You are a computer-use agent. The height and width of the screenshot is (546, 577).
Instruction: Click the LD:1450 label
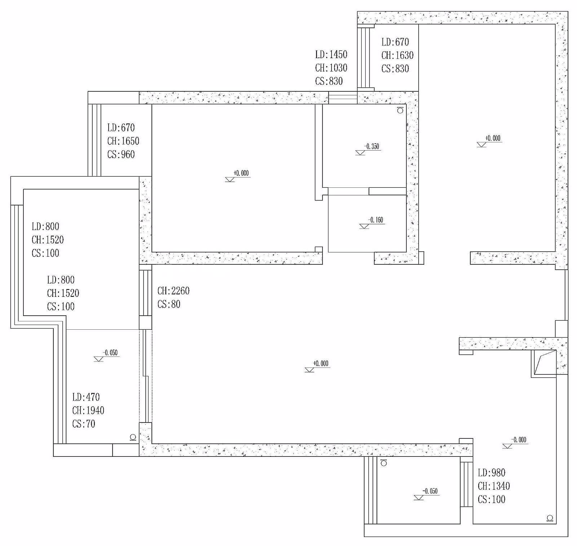point(331,55)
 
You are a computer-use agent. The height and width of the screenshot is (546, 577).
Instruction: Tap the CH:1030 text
point(331,68)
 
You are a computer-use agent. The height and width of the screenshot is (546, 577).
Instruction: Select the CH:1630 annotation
point(397,55)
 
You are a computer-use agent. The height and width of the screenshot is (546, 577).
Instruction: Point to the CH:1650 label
point(123,141)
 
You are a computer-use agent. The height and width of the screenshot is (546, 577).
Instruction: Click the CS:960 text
point(121,155)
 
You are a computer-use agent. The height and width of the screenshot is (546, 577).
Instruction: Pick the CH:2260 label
point(173,291)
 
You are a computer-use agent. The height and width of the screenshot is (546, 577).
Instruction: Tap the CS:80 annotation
point(169,304)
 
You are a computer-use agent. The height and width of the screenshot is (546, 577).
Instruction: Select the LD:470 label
point(86,397)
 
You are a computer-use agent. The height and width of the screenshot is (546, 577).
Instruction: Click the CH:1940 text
point(88,411)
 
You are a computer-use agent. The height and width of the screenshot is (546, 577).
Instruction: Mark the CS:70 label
point(84,424)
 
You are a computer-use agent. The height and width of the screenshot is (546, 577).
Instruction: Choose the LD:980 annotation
point(492,473)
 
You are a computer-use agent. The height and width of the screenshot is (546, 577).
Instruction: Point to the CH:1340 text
point(494,486)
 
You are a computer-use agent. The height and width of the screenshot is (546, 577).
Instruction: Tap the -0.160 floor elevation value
point(375,220)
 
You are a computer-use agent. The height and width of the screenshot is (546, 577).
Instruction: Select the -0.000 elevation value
point(519,440)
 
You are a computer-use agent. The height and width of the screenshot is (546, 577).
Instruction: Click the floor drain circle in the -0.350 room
point(400,110)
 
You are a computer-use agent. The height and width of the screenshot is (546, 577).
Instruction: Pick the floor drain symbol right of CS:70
point(133,437)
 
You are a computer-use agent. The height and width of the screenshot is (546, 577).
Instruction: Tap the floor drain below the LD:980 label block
point(550,518)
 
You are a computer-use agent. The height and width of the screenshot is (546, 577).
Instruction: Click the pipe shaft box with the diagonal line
point(544,363)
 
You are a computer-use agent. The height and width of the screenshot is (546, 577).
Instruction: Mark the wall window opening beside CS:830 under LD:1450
point(343,97)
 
